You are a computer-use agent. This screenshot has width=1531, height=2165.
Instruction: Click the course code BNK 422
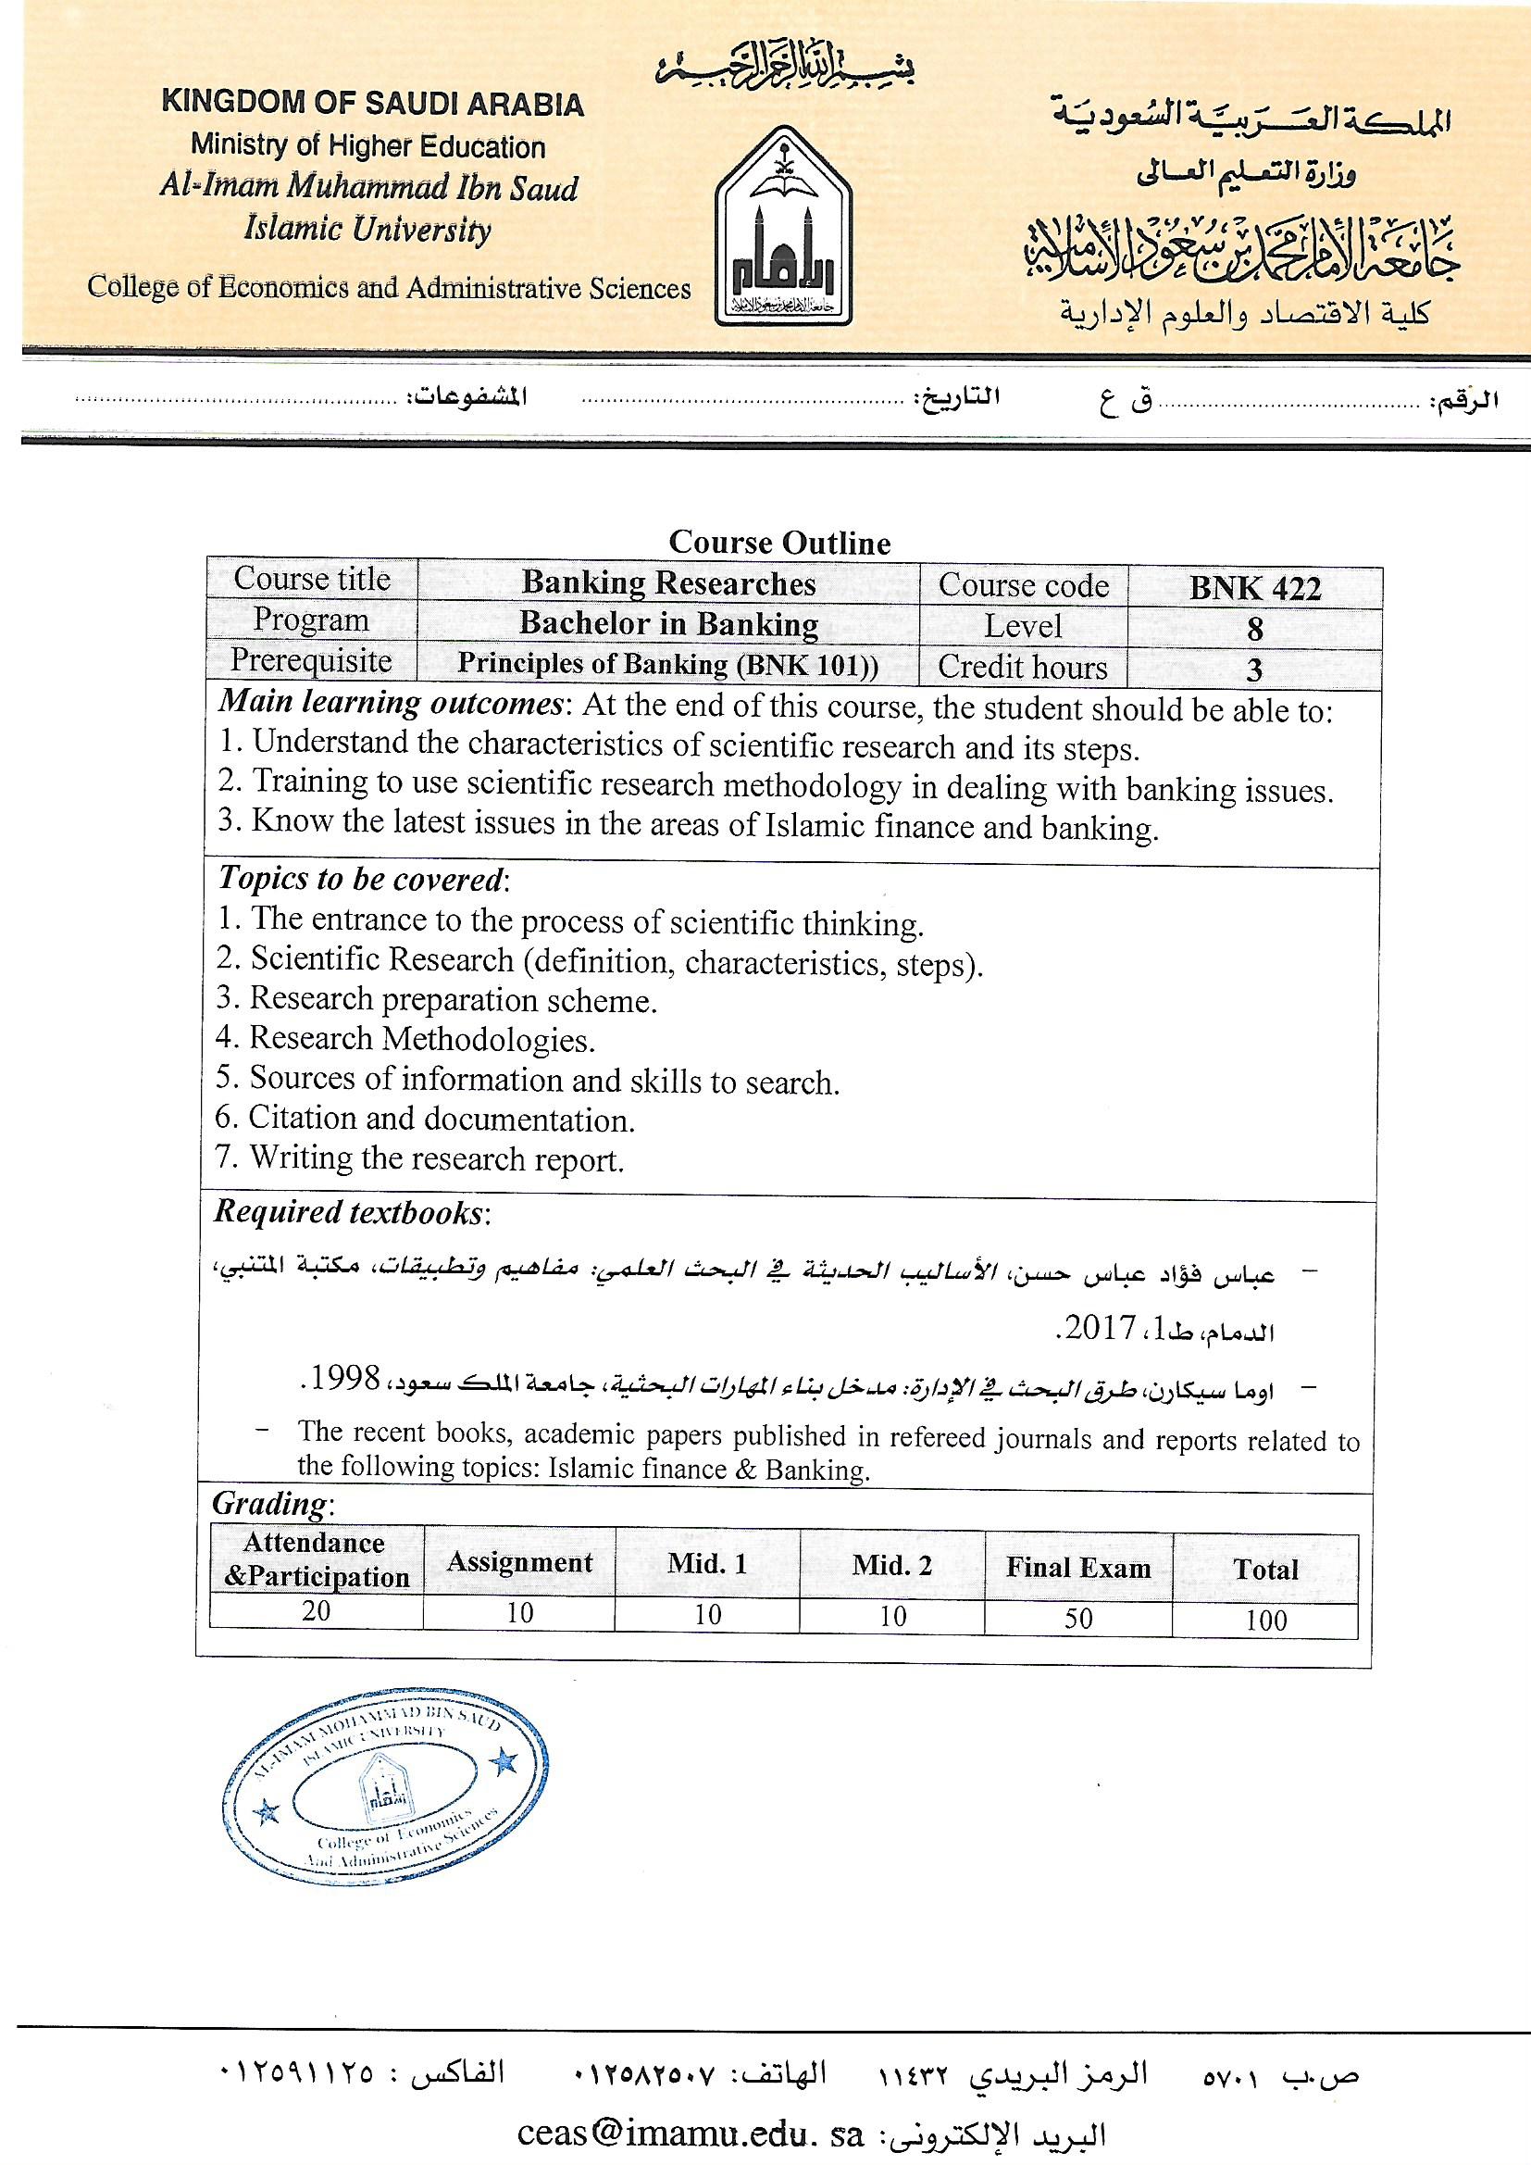click(x=1255, y=588)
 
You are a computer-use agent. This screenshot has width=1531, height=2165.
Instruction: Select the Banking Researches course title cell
click(x=668, y=583)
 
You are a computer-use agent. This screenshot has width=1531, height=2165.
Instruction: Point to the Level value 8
click(x=1255, y=629)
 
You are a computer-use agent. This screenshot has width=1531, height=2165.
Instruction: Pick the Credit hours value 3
click(x=1254, y=670)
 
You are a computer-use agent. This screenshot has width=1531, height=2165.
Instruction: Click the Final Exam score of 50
click(x=1077, y=1618)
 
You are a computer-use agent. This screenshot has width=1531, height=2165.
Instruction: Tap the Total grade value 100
click(x=1265, y=1620)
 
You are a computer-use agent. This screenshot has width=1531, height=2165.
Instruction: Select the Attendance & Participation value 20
click(x=316, y=1610)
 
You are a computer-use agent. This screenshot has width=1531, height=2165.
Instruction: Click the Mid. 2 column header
click(x=891, y=1566)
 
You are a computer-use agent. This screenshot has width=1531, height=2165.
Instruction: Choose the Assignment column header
click(x=519, y=1562)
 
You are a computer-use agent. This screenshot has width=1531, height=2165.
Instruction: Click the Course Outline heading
click(x=779, y=544)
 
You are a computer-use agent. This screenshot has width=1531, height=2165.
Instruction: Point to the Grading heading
click(x=271, y=1503)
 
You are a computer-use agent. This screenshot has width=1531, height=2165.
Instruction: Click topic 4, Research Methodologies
click(x=405, y=1039)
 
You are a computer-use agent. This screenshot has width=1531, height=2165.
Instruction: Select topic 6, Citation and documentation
click(x=425, y=1120)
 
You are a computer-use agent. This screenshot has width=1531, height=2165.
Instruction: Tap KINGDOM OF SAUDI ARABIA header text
click(x=372, y=103)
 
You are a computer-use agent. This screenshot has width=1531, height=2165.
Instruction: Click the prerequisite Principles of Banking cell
click(x=668, y=665)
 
